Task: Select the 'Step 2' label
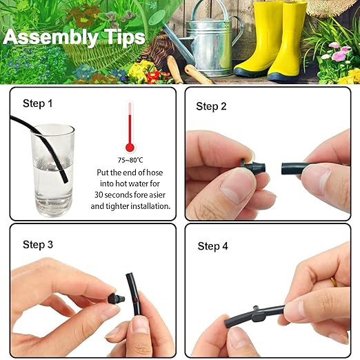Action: point(211,106)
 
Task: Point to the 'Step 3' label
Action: point(38,244)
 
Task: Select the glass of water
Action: point(52,169)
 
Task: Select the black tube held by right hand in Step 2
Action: point(297,169)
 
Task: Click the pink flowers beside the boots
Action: point(338,54)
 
